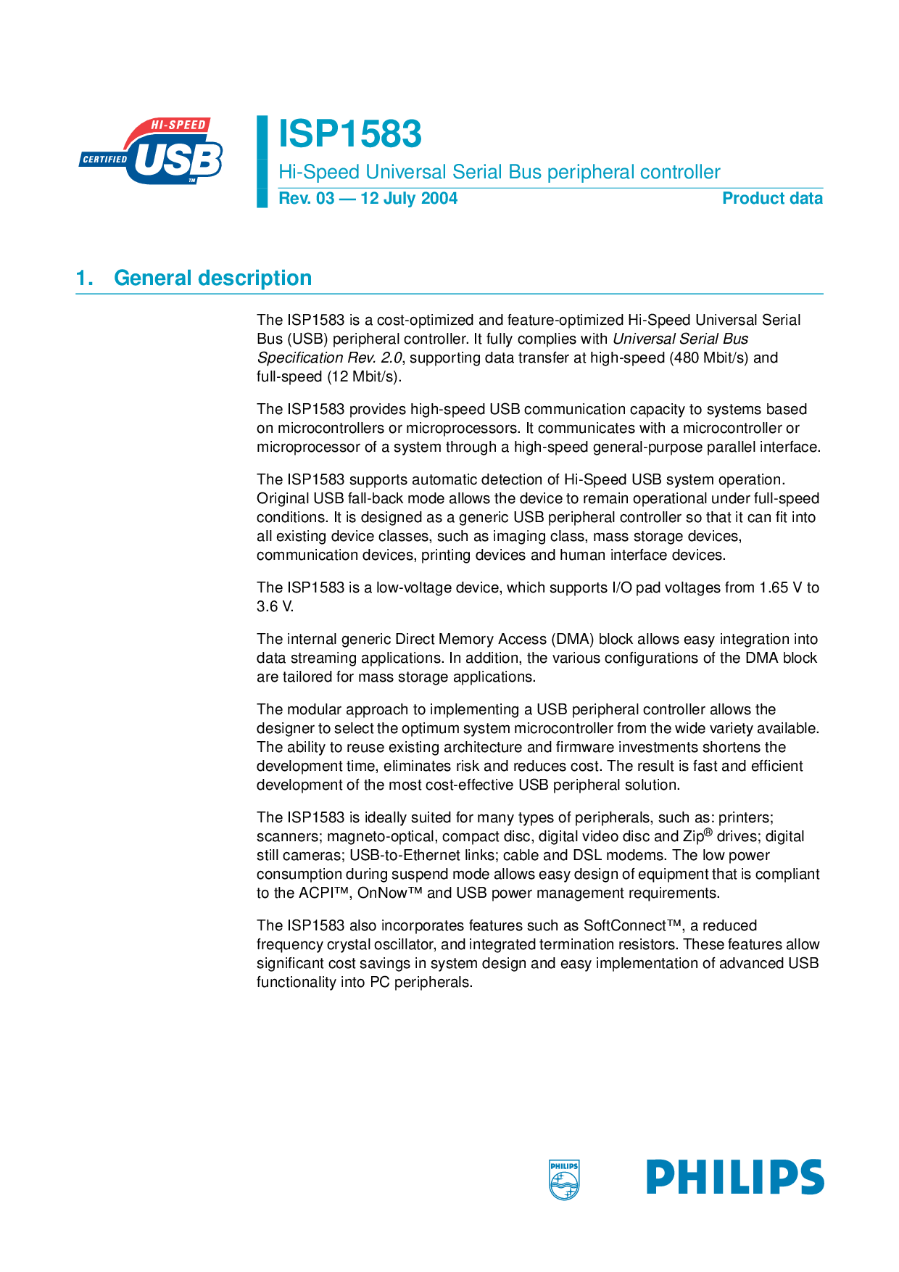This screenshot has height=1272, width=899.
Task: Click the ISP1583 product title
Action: (350, 135)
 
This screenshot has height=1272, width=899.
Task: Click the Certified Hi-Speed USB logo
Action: (152, 151)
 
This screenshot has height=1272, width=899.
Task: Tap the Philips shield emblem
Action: (564, 1179)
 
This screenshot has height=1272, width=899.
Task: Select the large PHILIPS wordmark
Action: (735, 1176)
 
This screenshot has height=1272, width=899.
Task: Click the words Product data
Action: (772, 199)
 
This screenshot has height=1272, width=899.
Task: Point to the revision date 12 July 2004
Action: (409, 199)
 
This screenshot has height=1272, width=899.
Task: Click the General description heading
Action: (213, 278)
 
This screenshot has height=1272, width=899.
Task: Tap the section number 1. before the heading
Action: (85, 278)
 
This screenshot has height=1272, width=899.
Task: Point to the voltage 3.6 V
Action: (275, 606)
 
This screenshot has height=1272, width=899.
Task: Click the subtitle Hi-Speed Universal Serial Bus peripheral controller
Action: (500, 172)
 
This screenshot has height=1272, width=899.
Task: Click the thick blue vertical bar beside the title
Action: (262, 161)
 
